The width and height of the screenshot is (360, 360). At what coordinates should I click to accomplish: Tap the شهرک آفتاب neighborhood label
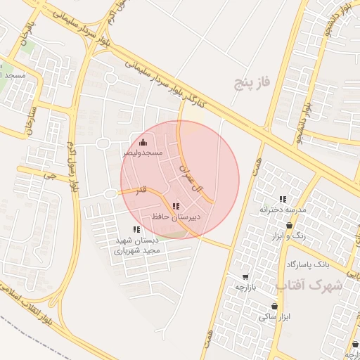pyautogui.click(x=309, y=286)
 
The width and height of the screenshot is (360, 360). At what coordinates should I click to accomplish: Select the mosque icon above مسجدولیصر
pyautogui.click(x=143, y=143)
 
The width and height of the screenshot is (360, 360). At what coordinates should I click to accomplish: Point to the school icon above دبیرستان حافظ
pyautogui.click(x=175, y=206)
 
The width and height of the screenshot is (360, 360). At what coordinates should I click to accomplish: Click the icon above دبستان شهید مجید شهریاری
pyautogui.click(x=136, y=229)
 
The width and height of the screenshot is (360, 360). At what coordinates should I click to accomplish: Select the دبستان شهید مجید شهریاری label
pyautogui.click(x=139, y=245)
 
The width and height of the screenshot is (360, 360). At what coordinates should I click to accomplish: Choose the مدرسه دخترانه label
pyautogui.click(x=283, y=210)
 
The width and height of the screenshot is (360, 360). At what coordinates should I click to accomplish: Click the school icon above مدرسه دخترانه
pyautogui.click(x=283, y=200)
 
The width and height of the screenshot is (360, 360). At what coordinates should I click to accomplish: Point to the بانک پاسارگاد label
pyautogui.click(x=307, y=264)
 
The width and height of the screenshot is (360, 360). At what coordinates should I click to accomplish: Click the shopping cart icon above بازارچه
pyautogui.click(x=245, y=277)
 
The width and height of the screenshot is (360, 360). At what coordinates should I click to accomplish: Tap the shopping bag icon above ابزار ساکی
pyautogui.click(x=274, y=307)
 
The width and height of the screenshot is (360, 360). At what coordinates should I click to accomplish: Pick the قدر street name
pyautogui.click(x=141, y=190)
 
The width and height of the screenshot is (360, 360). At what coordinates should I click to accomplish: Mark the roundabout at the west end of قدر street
pyautogui.click(x=110, y=193)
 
